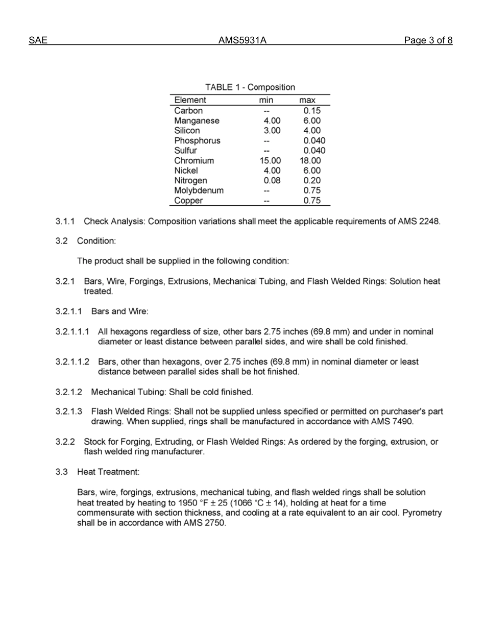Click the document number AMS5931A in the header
[x=243, y=41]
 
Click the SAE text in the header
[x=38, y=41]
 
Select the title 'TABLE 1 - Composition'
[x=250, y=87]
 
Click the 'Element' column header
[x=190, y=100]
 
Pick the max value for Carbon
[x=312, y=111]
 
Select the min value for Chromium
[x=270, y=161]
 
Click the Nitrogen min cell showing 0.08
[x=272, y=181]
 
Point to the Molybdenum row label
[x=199, y=190]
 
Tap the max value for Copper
[x=312, y=201]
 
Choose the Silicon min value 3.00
[x=272, y=131]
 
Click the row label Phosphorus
[x=197, y=141]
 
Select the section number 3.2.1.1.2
[x=72, y=362]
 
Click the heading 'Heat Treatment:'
[x=108, y=472]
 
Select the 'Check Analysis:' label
[x=114, y=222]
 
